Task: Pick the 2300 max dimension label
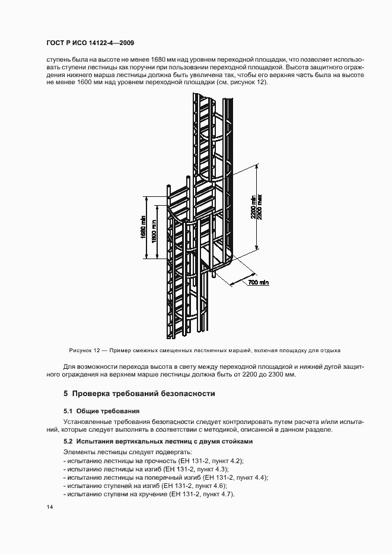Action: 260,208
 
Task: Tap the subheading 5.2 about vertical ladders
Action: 158,442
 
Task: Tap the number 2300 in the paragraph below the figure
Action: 275,375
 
